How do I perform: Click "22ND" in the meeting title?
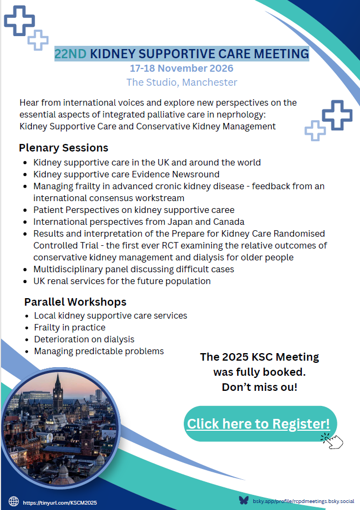(x=70, y=54)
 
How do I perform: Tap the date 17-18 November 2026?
(x=182, y=68)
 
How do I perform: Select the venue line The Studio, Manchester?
(x=182, y=82)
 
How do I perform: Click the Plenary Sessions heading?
(x=64, y=148)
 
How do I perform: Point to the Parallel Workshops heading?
(x=75, y=302)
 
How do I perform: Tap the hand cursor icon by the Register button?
(x=333, y=441)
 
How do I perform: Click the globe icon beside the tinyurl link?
(x=13, y=502)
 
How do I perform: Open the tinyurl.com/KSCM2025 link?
(x=60, y=502)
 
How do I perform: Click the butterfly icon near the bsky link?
(x=244, y=500)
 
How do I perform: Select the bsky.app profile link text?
(x=303, y=501)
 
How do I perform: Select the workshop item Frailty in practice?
(x=70, y=328)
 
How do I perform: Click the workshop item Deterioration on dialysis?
(x=84, y=339)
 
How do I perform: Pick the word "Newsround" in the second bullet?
(x=196, y=174)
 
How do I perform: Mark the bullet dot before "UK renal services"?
(x=25, y=281)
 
